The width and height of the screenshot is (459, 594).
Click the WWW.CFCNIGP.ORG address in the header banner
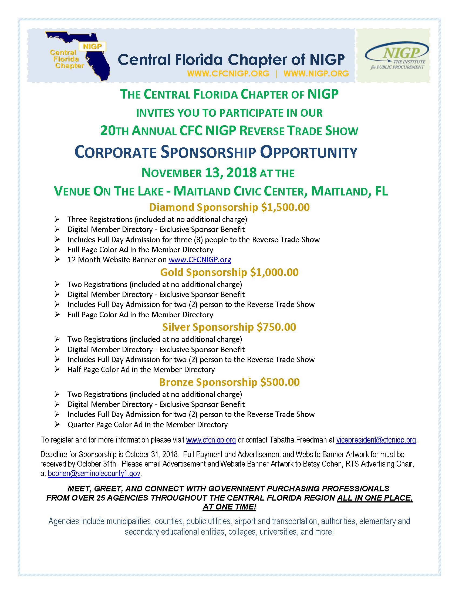[x=228, y=73]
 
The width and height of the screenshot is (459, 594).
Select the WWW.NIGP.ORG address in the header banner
[x=316, y=73]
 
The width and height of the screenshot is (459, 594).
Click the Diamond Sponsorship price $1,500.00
[x=285, y=207]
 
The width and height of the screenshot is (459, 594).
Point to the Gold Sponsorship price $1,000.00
[x=274, y=272]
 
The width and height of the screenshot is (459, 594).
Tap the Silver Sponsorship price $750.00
[x=276, y=327]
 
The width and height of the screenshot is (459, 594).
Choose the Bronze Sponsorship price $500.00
[x=280, y=382]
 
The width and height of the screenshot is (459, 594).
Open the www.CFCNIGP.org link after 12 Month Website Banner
[x=200, y=260]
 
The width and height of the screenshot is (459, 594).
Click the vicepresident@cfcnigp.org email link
[x=376, y=440]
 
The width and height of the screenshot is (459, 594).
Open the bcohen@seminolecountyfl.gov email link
[x=94, y=474]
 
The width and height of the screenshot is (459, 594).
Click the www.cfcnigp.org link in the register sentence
[x=211, y=440]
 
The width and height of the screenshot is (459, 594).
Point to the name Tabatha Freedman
[x=298, y=440]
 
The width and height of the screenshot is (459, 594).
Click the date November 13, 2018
[x=199, y=173]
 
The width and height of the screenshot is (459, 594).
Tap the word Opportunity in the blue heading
[x=309, y=152]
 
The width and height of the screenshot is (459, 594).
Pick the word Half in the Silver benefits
[x=74, y=370]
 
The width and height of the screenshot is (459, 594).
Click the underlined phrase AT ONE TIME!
[x=229, y=507]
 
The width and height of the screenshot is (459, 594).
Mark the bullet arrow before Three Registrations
[x=57, y=219]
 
